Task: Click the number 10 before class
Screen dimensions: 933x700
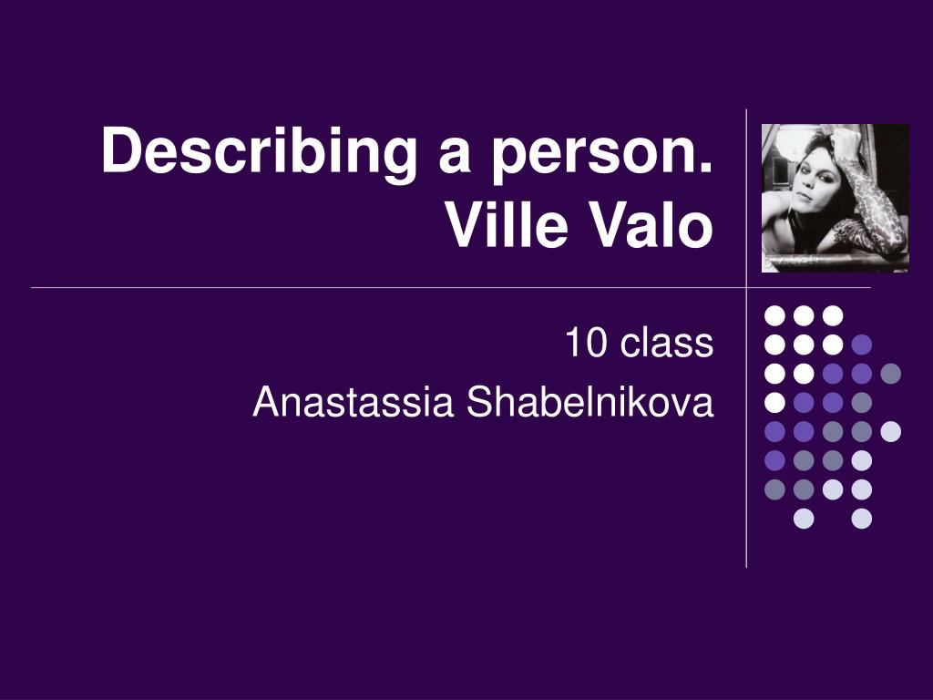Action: coord(586,343)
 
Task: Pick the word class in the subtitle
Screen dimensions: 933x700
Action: coord(666,343)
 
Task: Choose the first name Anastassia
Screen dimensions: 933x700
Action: coord(354,402)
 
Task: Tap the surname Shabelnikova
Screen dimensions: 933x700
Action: coord(590,402)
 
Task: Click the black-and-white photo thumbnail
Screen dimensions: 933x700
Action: coord(836,198)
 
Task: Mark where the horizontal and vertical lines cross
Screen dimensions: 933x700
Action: coord(747,287)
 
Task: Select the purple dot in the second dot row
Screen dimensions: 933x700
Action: coord(862,345)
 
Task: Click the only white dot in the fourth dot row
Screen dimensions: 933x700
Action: coord(774,402)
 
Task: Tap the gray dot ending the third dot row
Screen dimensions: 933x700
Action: coord(891,374)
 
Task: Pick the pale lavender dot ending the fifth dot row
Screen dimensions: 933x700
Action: coord(891,431)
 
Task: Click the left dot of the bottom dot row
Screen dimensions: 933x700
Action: coord(804,519)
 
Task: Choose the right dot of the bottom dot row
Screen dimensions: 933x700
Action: coord(862,519)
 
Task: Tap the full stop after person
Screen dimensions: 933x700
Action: coord(707,168)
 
